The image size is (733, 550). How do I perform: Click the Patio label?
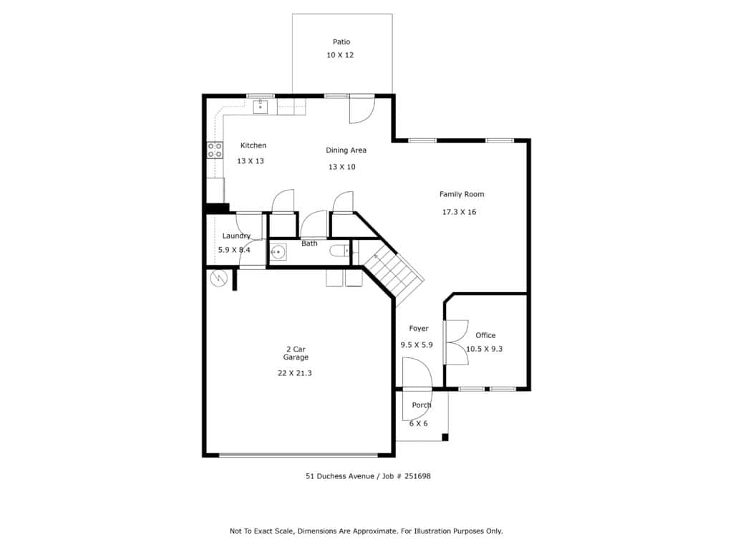[x=341, y=42]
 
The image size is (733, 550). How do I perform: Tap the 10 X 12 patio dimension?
[x=340, y=55]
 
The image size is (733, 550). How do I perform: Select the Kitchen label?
[x=253, y=145]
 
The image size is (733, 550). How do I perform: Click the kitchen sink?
[x=261, y=107]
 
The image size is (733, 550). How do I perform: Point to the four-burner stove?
[x=215, y=150]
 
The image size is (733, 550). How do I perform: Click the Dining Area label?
[x=346, y=150]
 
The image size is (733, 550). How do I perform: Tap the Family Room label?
[x=462, y=194]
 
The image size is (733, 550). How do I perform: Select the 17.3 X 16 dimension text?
[x=459, y=212]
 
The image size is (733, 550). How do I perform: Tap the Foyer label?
[x=418, y=328]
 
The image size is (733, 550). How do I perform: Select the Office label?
[x=485, y=335]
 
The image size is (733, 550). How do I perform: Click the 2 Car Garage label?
[x=296, y=353]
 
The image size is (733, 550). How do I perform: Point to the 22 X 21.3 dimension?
[x=294, y=373]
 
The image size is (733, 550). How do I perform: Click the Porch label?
[x=421, y=405]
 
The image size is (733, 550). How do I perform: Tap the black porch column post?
[x=445, y=438]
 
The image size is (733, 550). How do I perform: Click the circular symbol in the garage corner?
[x=218, y=279]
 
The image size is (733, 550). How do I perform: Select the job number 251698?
[x=417, y=476]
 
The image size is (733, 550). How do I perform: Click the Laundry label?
[x=236, y=236]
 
